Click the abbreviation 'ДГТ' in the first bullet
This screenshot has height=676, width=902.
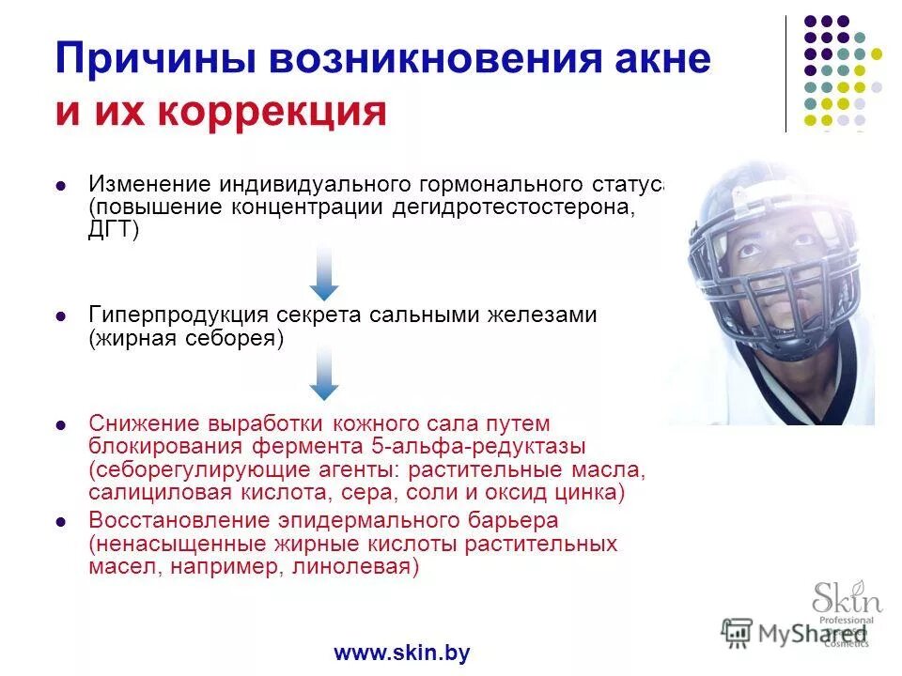[x=111, y=229]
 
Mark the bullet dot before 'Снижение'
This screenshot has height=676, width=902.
[x=61, y=424]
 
